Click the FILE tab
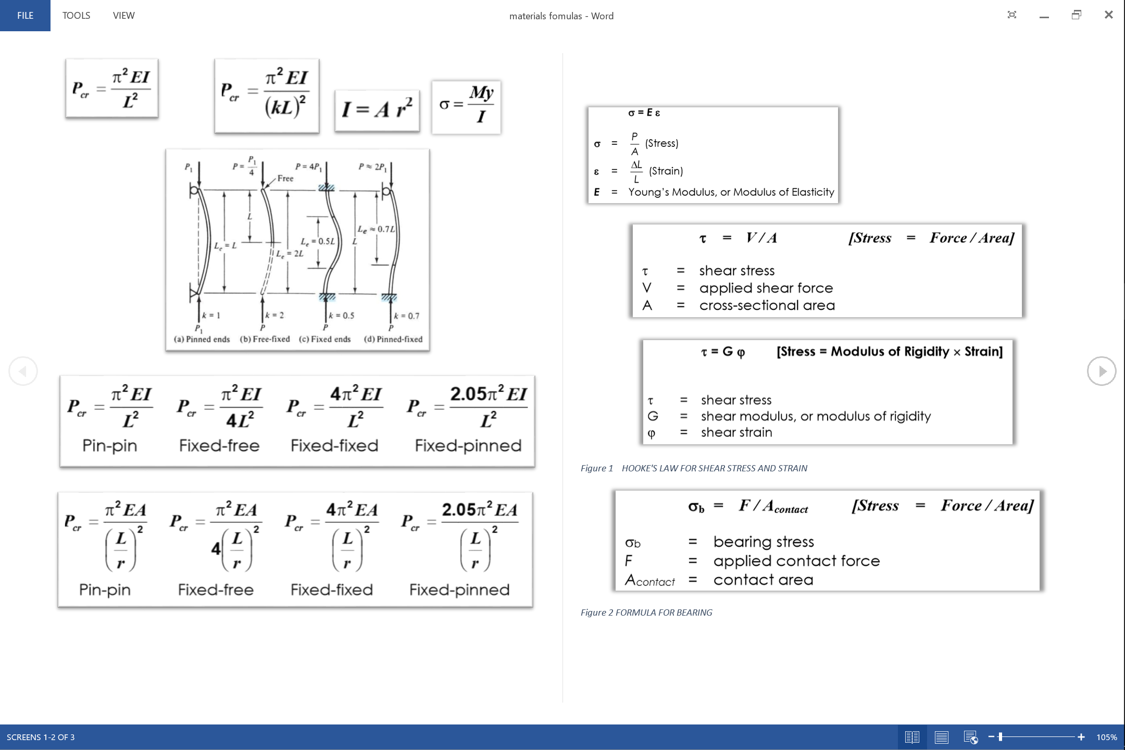point(25,16)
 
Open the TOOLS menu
point(76,16)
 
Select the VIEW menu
point(123,16)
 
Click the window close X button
point(1108,15)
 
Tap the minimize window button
point(1044,16)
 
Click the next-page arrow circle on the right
point(1101,371)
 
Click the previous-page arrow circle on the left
point(23,371)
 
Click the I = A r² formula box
point(377,109)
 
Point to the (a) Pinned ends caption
point(202,339)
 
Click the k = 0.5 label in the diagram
point(342,316)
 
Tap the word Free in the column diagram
point(285,178)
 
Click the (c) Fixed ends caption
point(325,339)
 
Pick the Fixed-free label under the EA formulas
point(216,590)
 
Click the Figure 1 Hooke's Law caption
point(694,468)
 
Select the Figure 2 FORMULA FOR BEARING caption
point(646,612)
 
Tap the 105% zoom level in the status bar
point(1106,737)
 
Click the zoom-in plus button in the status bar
point(1081,737)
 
